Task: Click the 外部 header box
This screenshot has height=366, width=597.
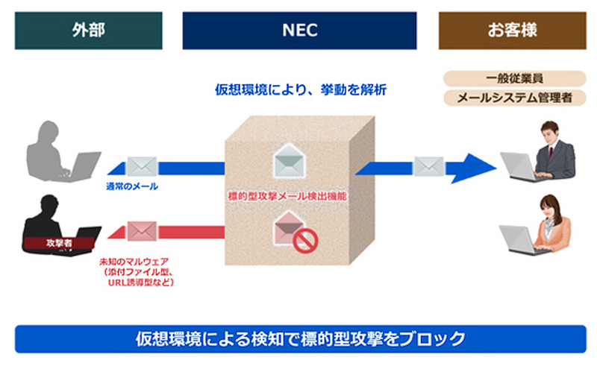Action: coord(88,31)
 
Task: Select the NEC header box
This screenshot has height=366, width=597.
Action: coord(299,31)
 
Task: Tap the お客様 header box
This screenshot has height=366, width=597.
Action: coord(513,31)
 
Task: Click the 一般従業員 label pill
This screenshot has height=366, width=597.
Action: coord(513,78)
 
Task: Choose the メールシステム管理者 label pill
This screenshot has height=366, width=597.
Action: coord(513,98)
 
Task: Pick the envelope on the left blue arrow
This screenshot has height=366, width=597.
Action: coord(141,165)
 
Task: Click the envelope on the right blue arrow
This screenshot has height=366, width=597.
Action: coord(428,165)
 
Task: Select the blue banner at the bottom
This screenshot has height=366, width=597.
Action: coord(299,338)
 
